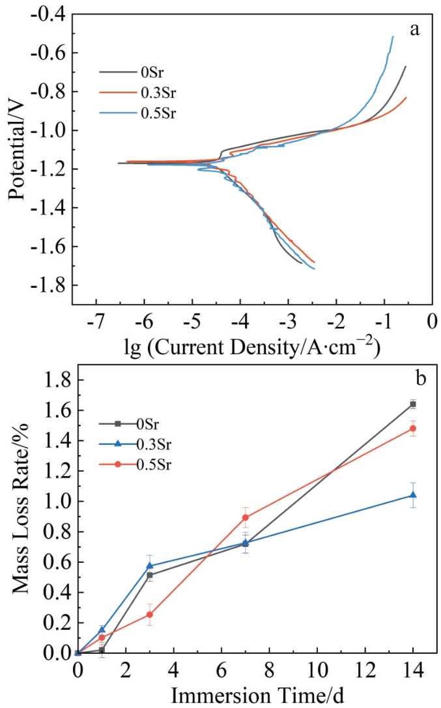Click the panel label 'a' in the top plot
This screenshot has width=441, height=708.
pos(414,30)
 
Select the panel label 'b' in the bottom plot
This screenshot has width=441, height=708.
pos(421,378)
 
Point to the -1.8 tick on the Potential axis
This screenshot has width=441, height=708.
pos(48,285)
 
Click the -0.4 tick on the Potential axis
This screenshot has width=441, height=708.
pos(48,14)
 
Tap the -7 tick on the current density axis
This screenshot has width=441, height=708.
pos(96,322)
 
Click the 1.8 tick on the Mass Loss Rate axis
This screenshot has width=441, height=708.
pos(57,380)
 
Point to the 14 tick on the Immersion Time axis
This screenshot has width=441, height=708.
pos(412,670)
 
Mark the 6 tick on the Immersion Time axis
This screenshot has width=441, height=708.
pos(221,670)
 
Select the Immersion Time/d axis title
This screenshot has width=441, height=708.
pos(257,696)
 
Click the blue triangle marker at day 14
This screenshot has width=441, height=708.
pos(412,495)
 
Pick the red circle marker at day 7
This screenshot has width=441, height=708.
pos(245,517)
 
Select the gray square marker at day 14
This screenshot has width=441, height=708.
pos(412,404)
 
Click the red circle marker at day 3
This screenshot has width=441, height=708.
pos(149,614)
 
